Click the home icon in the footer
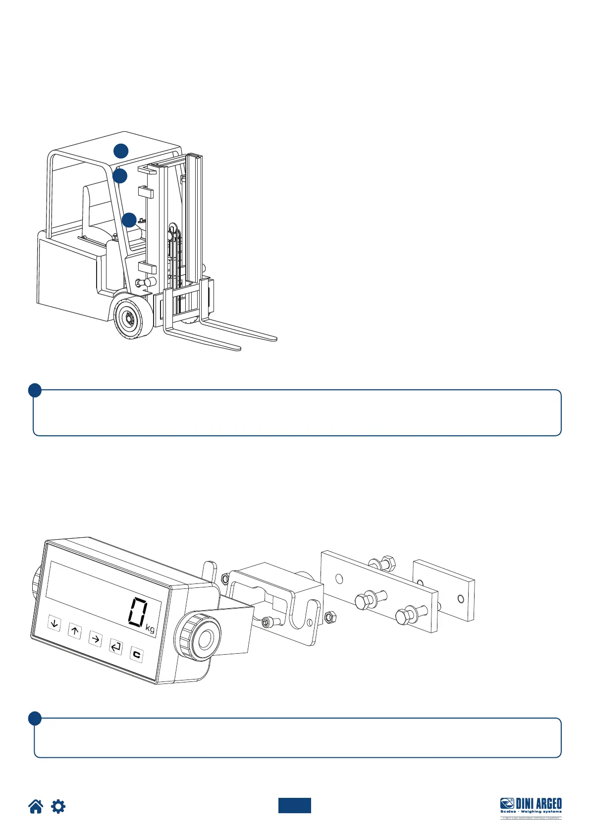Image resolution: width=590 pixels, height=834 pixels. tap(36, 807)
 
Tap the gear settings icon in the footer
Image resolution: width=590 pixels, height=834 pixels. tap(58, 807)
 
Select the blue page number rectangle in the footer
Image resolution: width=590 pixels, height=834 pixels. tap(294, 806)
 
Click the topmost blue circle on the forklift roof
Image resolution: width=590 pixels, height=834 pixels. tap(121, 151)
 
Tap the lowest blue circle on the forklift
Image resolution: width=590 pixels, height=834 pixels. tap(129, 220)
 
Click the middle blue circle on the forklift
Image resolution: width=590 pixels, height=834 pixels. tap(120, 176)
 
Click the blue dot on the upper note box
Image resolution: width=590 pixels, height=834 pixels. tap(35, 391)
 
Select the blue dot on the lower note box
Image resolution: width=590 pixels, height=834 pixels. tap(35, 719)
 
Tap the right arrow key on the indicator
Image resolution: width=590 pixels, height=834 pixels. tap(95, 639)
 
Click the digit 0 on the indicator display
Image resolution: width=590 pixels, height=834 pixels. tap(137, 612)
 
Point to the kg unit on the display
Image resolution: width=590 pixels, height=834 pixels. tap(150, 629)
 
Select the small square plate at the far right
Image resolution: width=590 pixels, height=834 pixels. tap(444, 590)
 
